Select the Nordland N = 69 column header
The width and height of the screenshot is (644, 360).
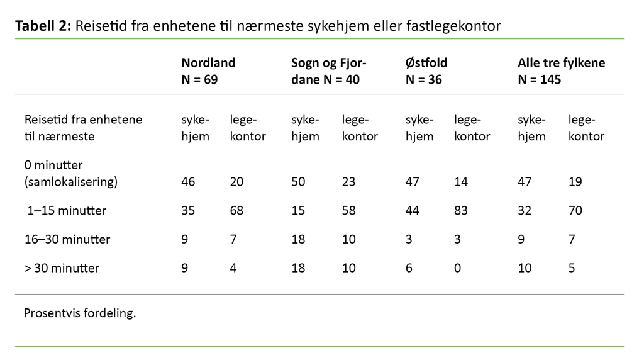(x=208, y=71)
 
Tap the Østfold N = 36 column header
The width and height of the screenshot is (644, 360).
(x=426, y=71)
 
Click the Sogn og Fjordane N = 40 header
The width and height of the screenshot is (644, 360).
(x=328, y=71)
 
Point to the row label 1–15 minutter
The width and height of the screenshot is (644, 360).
(x=65, y=210)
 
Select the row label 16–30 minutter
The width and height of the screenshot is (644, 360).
(x=67, y=239)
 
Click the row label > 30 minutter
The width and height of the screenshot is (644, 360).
(x=62, y=268)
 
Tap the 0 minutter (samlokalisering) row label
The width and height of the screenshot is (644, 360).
(x=70, y=174)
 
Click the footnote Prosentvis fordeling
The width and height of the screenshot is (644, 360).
(x=79, y=313)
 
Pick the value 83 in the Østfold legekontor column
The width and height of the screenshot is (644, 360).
(x=461, y=210)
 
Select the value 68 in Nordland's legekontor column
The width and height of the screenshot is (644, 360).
(x=237, y=210)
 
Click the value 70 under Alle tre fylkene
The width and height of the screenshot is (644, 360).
(x=575, y=210)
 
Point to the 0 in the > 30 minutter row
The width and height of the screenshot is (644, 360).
(x=457, y=268)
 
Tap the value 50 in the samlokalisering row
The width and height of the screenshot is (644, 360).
(x=298, y=182)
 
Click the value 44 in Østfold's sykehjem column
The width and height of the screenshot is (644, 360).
(x=412, y=210)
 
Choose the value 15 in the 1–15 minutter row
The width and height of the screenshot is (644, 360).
(x=298, y=210)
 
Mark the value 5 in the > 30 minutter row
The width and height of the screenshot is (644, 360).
(x=572, y=268)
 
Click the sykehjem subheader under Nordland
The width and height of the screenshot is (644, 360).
(x=195, y=128)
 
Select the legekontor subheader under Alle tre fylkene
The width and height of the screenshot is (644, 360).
(x=586, y=128)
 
